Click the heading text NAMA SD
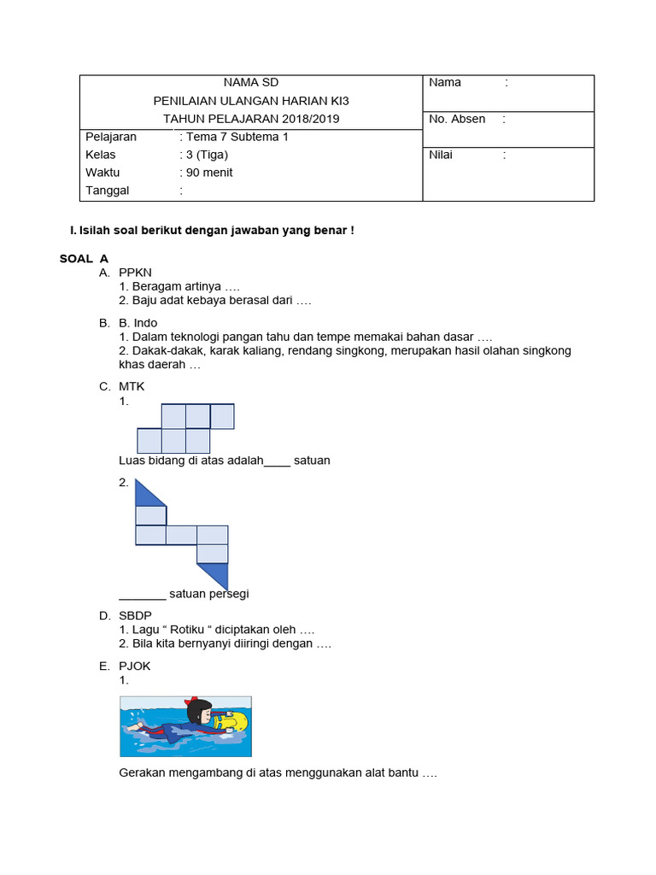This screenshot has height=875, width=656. [x=251, y=82]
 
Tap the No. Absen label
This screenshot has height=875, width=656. [x=457, y=119]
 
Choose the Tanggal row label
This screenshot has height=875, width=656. [x=108, y=191]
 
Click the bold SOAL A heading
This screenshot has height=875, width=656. [x=84, y=258]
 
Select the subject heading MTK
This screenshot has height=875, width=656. [x=132, y=386]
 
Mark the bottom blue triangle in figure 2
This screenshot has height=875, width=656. [x=216, y=574]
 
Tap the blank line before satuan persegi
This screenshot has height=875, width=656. [x=142, y=595]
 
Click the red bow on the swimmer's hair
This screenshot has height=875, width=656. [x=195, y=700]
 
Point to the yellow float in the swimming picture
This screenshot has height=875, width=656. [x=233, y=719]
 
